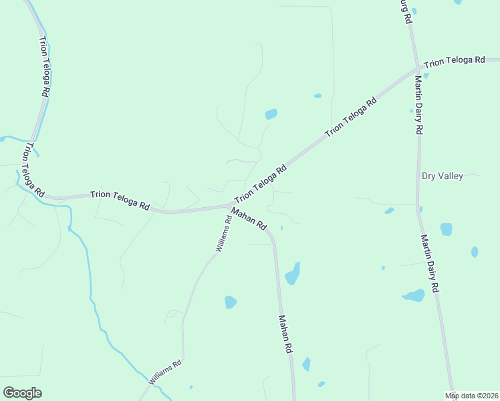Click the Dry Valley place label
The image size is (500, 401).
click(x=443, y=176)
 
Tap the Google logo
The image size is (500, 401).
click(x=22, y=393)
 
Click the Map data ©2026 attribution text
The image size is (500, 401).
click(x=472, y=396)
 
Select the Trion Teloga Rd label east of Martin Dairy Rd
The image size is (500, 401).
click(x=455, y=61)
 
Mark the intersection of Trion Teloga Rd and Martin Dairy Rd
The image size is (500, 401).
click(x=418, y=68)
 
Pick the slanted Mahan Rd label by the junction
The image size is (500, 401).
click(x=249, y=219)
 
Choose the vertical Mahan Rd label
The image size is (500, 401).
click(x=285, y=334)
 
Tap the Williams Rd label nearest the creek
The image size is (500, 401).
click(x=165, y=372)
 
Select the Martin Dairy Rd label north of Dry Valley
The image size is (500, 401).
click(x=418, y=105)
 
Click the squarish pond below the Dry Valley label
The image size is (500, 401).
click(x=447, y=229)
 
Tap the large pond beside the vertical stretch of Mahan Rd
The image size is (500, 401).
click(x=293, y=273)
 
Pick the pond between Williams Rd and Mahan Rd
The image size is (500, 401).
click(x=231, y=302)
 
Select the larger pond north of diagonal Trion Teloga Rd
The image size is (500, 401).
click(x=271, y=114)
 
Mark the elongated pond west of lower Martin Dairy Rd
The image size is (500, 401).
click(x=414, y=295)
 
